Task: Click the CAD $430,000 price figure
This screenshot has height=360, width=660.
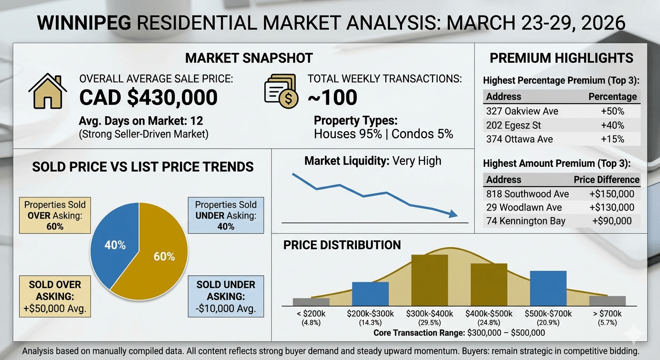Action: tap(148, 97)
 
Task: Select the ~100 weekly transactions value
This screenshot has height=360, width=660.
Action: tap(332, 97)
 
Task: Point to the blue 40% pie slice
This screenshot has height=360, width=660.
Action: tap(114, 244)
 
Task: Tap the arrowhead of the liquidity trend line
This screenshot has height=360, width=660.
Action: tap(452, 214)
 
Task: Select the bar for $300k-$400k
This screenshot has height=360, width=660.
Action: tap(429, 280)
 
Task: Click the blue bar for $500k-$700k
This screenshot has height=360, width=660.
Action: tap(548, 288)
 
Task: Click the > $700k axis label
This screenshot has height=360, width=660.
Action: tap(607, 314)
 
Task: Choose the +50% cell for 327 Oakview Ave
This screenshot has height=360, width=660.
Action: tap(613, 112)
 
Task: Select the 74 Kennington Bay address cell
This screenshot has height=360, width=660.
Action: tap(525, 221)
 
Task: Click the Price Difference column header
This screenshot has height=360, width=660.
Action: tap(607, 180)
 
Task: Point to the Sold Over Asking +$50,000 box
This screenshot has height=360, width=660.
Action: tap(55, 297)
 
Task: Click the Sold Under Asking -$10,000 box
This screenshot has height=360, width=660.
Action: tap(225, 297)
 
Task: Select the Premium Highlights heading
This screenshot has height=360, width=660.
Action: tap(561, 58)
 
